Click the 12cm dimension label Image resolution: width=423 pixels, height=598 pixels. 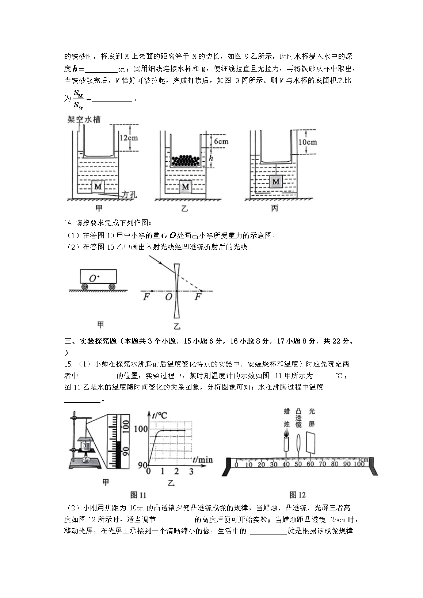coord(129,138)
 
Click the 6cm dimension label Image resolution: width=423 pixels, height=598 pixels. coord(221,141)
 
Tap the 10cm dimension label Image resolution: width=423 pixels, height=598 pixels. coord(308,142)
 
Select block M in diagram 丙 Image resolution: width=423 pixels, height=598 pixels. coord(276,181)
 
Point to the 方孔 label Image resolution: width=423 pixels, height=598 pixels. coord(129,195)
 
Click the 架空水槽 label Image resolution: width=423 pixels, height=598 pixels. coord(84,119)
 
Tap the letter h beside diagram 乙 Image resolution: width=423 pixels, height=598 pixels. coord(211,158)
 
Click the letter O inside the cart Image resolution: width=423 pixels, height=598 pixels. coord(93,279)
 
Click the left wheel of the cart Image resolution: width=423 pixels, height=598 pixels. coord(85,287)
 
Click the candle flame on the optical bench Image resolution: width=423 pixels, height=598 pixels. coord(286,433)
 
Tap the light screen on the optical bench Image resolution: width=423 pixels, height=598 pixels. coord(311,442)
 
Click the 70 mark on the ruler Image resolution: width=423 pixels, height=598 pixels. coord(322,464)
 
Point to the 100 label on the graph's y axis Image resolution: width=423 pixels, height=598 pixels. coord(141,429)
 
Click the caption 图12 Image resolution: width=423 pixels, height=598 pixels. coord(297,495)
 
